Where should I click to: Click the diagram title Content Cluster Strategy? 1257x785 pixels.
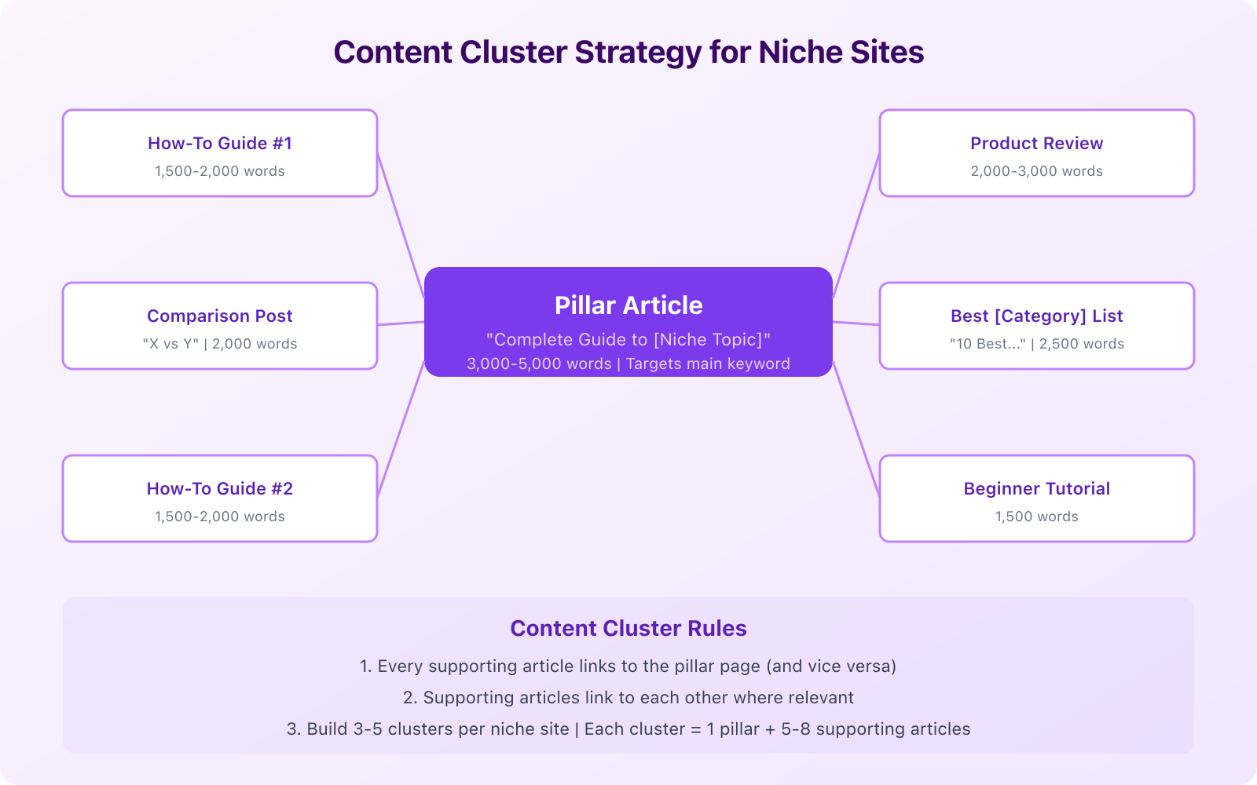point(628,53)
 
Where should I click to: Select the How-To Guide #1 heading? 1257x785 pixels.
point(220,144)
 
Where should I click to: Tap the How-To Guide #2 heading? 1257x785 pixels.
point(220,489)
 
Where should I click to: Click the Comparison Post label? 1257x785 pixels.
point(220,316)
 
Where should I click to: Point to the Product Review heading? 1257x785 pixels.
point(1036,144)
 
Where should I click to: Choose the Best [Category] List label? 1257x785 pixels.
point(1036,316)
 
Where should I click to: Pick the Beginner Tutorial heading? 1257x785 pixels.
point(1036,489)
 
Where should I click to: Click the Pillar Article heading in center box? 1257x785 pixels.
point(628,305)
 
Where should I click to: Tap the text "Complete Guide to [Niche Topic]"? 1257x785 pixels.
point(628,340)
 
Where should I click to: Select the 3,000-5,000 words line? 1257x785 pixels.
point(628,364)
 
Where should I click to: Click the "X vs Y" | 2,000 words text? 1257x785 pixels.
point(220,344)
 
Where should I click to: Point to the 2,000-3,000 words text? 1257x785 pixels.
point(1036,171)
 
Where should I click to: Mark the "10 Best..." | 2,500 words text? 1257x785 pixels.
point(1036,344)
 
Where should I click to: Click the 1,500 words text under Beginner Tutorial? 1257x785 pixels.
point(1036,517)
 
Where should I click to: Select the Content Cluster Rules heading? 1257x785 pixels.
point(628,629)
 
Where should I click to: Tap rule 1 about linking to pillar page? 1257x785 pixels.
point(628,666)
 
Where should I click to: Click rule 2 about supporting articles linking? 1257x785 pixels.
point(628,698)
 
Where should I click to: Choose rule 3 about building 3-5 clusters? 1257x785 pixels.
point(628,729)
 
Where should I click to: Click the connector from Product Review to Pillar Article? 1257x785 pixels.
point(856,225)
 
